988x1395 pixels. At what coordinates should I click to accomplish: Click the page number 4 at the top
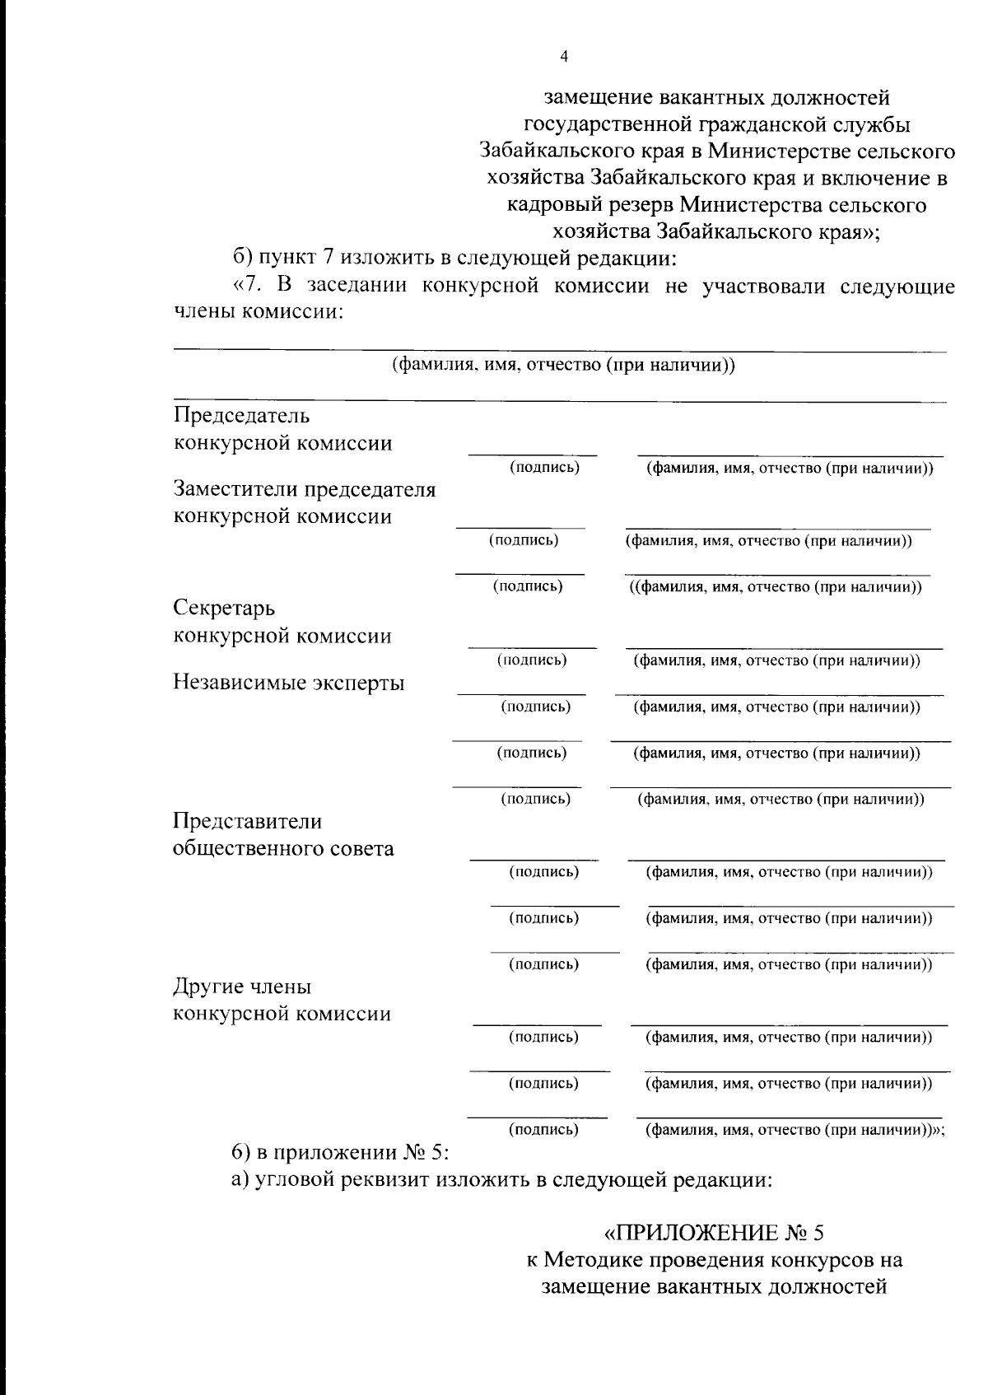(x=563, y=57)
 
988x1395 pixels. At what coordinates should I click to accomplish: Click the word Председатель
(x=241, y=414)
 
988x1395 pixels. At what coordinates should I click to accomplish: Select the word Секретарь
(x=224, y=609)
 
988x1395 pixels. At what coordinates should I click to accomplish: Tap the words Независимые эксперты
(x=288, y=683)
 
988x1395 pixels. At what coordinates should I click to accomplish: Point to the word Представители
(x=247, y=821)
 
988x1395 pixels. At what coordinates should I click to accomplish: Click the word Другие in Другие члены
(x=207, y=986)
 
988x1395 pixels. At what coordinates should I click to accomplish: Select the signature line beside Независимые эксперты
(x=520, y=695)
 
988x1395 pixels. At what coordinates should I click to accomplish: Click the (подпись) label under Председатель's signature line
(x=544, y=468)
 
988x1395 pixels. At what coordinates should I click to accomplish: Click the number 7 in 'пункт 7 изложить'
(x=327, y=259)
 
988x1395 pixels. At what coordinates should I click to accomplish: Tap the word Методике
(x=593, y=1260)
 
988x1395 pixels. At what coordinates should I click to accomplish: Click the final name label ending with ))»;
(x=794, y=1130)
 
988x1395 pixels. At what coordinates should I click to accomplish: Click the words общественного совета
(x=282, y=848)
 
